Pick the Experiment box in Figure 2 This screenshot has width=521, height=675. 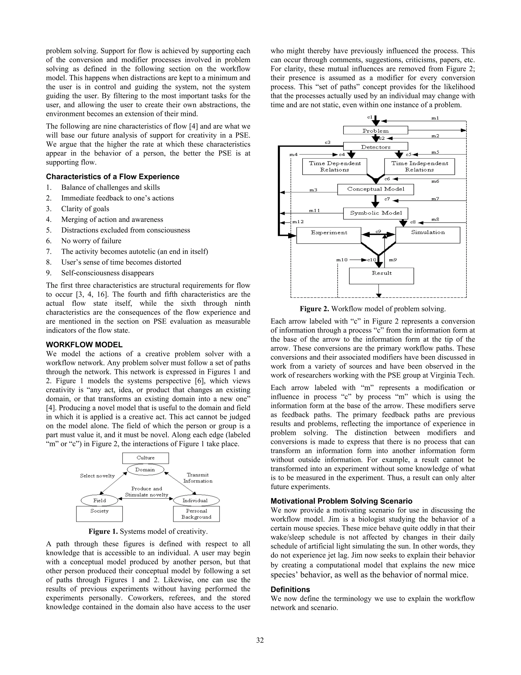(x=328, y=235)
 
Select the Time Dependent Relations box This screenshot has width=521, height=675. (x=335, y=167)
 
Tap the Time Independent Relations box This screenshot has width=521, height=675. (x=419, y=167)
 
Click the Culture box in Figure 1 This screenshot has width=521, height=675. (x=145, y=458)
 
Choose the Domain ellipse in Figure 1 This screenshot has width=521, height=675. (x=145, y=470)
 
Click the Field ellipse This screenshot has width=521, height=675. (x=99, y=500)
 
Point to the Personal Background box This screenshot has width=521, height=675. (x=196, y=514)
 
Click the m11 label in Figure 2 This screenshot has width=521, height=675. (x=314, y=210)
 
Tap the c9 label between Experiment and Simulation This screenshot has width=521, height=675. (x=378, y=231)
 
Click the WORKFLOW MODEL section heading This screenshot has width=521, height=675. (x=84, y=345)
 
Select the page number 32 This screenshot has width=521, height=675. (x=260, y=640)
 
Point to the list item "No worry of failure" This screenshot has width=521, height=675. (x=91, y=241)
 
